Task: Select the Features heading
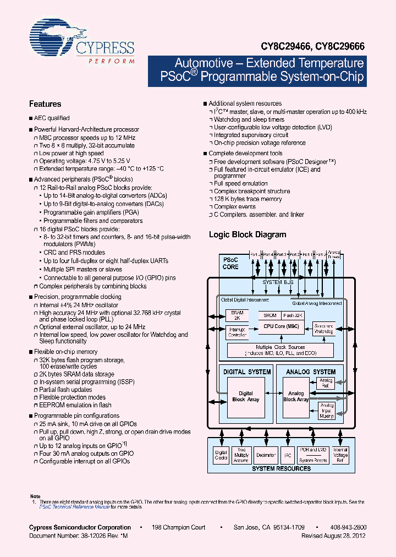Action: [45, 104]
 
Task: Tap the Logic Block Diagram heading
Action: [248, 234]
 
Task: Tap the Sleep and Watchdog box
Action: [323, 329]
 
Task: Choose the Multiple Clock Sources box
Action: [280, 350]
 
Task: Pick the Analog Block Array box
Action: [296, 396]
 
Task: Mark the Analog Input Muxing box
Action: [326, 409]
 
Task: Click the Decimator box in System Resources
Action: [266, 455]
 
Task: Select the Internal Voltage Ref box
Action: [340, 455]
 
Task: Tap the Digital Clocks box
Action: [220, 455]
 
